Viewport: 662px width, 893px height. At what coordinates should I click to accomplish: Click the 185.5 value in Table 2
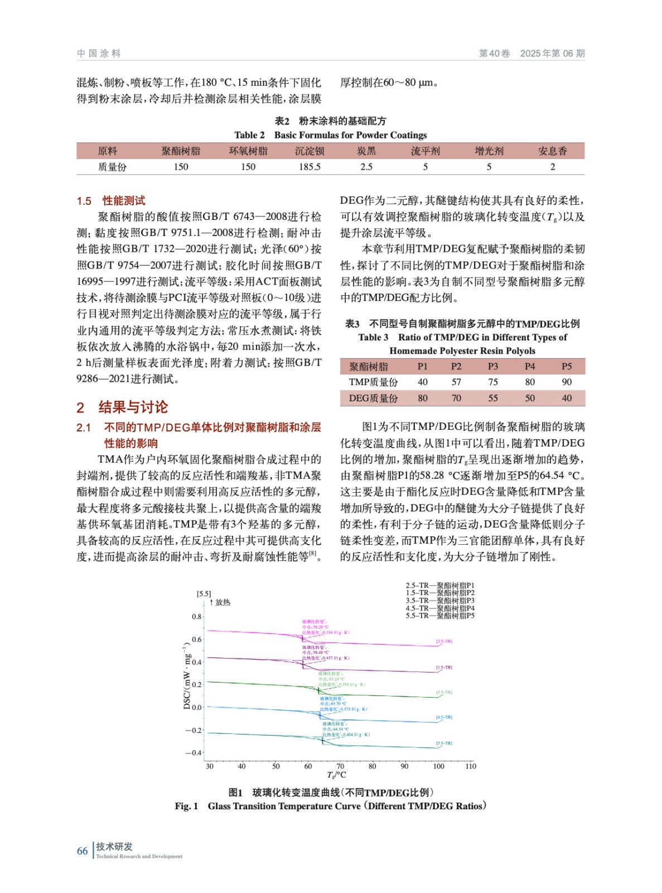[310, 167]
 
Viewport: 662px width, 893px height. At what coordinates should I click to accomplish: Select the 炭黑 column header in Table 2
[366, 151]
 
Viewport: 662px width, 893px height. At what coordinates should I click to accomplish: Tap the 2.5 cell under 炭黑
[366, 167]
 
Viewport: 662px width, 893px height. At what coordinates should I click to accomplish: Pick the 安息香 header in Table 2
[552, 151]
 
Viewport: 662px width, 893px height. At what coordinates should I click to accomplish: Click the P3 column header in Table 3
[493, 367]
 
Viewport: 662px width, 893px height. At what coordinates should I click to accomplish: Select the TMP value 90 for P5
[567, 382]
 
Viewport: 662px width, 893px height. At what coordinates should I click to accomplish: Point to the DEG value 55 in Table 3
[493, 399]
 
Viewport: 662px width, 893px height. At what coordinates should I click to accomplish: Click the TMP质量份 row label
[373, 382]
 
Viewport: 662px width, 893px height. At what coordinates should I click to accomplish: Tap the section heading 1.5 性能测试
[111, 201]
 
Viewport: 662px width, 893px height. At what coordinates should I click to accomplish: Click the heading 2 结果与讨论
[122, 407]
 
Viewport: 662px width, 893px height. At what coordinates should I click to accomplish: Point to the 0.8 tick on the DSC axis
[197, 617]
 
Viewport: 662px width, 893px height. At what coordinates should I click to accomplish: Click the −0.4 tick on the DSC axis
[194, 753]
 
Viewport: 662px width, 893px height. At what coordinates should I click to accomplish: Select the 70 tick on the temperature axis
[340, 766]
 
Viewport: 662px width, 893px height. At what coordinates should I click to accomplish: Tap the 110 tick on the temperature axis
[471, 766]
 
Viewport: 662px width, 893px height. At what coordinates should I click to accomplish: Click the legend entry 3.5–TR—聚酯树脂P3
[440, 601]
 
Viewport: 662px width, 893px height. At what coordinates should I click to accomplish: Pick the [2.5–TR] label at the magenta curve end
[444, 642]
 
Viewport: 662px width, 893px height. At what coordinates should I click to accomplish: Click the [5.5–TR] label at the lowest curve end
[444, 743]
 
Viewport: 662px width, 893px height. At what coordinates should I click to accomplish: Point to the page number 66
[83, 851]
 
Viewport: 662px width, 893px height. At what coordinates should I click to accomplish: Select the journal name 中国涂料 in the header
[99, 54]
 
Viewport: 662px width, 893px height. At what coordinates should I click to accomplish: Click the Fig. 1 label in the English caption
[186, 806]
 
